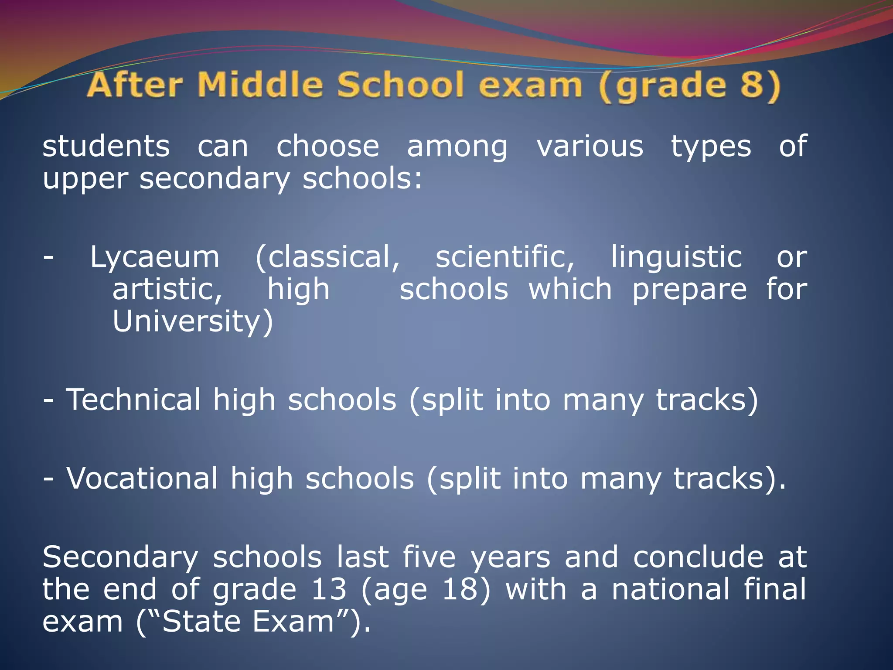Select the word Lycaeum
tap(155, 257)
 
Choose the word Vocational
tap(142, 479)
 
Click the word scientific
tap(504, 257)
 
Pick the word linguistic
tap(676, 257)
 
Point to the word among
tap(457, 147)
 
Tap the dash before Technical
tap(49, 400)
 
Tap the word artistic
tap(167, 290)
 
